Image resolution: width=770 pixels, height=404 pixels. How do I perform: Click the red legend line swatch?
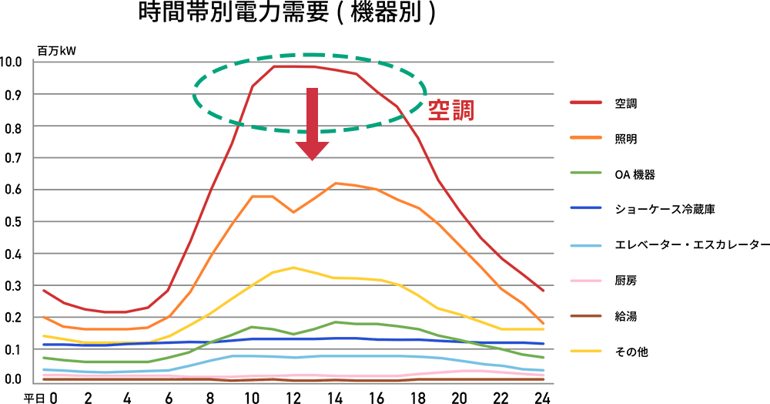[586, 102]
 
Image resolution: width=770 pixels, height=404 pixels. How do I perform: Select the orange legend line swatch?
[586, 137]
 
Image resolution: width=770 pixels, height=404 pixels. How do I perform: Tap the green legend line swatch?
[586, 173]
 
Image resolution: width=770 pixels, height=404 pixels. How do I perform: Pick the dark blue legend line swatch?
[586, 207]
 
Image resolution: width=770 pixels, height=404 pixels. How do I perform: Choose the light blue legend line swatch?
[586, 246]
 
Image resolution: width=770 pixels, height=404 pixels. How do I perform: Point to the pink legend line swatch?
[586, 281]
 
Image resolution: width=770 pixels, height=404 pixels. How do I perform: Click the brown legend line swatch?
[586, 315]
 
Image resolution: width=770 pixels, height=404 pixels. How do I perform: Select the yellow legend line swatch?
[586, 351]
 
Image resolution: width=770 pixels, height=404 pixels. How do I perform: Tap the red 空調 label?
[450, 111]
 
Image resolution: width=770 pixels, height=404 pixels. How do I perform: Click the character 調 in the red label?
[463, 111]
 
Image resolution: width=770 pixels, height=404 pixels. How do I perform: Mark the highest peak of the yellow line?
[293, 268]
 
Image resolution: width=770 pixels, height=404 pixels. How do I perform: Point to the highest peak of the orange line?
[335, 183]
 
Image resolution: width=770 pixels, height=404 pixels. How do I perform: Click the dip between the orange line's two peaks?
[293, 212]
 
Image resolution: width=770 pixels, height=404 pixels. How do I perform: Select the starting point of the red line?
[43, 290]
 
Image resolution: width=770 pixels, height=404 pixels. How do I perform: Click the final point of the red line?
[544, 291]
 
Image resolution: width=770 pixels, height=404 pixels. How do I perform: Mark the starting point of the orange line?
[43, 317]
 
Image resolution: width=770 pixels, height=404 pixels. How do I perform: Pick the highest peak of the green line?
[335, 322]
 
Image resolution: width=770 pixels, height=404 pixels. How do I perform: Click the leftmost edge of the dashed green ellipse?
[192, 93]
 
